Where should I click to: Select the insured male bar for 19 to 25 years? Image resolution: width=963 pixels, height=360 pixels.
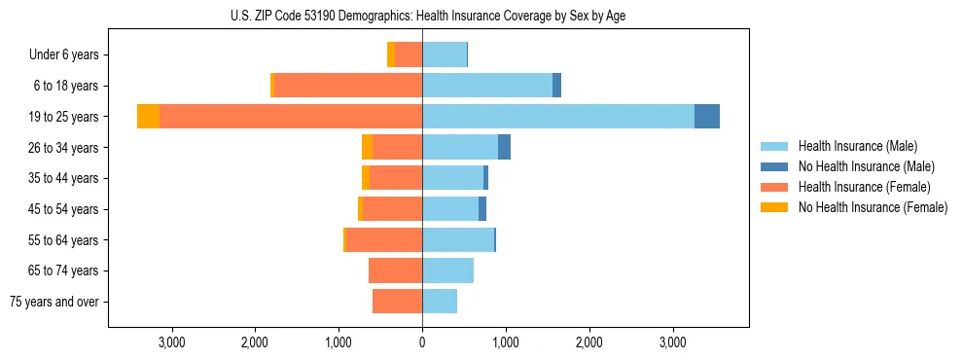(558, 117)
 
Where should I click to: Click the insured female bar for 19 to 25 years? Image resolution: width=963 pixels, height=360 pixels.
(291, 117)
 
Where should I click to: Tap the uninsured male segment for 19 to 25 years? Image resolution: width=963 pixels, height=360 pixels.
(707, 117)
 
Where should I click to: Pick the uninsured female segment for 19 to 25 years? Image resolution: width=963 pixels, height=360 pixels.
(148, 117)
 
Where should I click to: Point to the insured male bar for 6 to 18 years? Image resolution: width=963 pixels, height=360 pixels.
(487, 86)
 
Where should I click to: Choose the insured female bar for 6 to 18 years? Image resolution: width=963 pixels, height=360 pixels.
(348, 86)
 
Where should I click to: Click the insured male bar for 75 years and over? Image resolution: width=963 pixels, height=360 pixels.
(440, 302)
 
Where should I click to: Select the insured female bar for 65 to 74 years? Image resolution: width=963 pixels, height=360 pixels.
(395, 270)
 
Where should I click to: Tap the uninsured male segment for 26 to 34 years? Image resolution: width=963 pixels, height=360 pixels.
(504, 147)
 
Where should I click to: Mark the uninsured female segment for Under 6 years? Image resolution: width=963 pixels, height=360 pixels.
(391, 55)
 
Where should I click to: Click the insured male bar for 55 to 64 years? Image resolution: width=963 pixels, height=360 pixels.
(458, 239)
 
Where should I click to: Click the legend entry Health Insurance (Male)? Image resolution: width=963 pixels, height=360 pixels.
(857, 146)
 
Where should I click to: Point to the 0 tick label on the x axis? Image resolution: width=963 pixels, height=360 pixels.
(422, 342)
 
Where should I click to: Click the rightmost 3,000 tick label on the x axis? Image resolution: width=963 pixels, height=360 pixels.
(673, 342)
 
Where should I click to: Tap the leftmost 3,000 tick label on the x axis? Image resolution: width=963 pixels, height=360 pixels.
(171, 342)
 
